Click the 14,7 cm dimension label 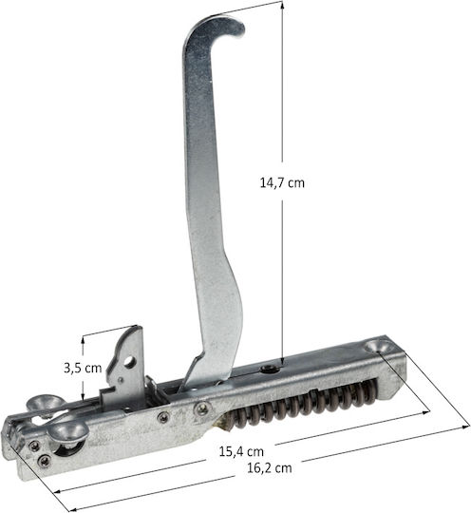pos(282,182)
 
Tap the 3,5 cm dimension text pos(83,368)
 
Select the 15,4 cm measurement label pos(241,452)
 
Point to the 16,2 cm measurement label pos(269,467)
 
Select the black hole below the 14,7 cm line pos(270,370)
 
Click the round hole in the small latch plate pos(129,361)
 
